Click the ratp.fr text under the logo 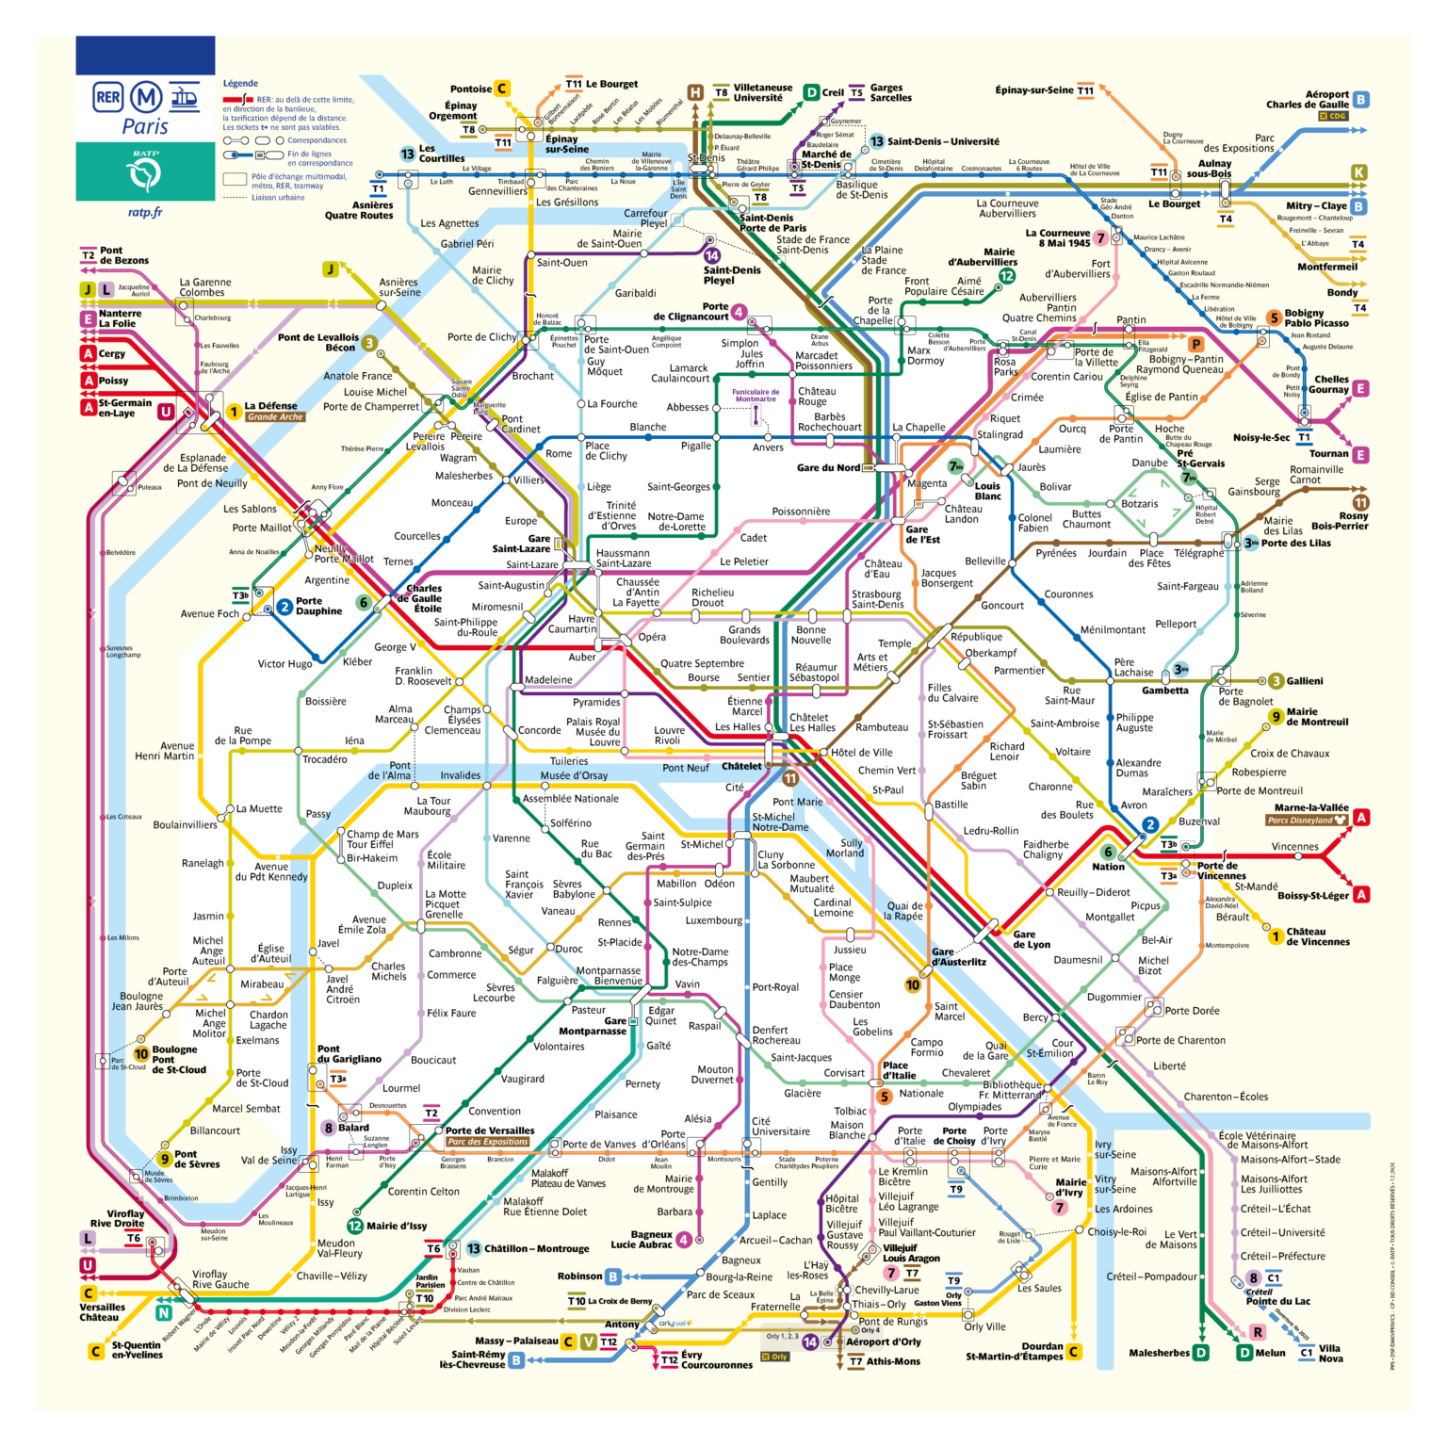pyautogui.click(x=145, y=212)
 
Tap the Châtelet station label pyautogui.click(x=741, y=766)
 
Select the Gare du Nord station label pyautogui.click(x=828, y=467)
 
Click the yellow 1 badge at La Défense pyautogui.click(x=233, y=412)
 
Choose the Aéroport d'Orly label pyautogui.click(x=883, y=1341)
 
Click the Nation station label pyautogui.click(x=1108, y=867)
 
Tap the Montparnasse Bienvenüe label pyautogui.click(x=608, y=975)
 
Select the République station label pyautogui.click(x=976, y=637)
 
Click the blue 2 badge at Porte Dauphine pyautogui.click(x=285, y=607)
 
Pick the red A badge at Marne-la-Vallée pyautogui.click(x=1360, y=818)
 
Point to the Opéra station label pyautogui.click(x=652, y=637)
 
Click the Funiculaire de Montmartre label pyautogui.click(x=756, y=395)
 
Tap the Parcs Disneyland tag pyautogui.click(x=1307, y=820)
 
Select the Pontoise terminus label pyautogui.click(x=471, y=89)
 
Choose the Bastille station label pyautogui.click(x=951, y=805)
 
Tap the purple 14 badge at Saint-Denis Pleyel pyautogui.click(x=712, y=255)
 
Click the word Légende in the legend pyautogui.click(x=240, y=83)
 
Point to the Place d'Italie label pyautogui.click(x=899, y=1070)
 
